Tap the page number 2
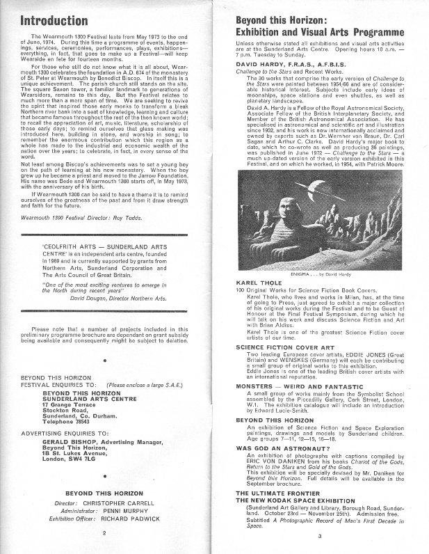(103, 534)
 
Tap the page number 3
(319, 535)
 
